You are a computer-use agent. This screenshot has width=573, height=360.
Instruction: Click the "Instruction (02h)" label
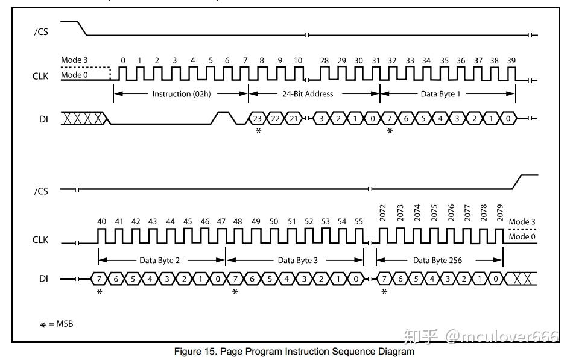(x=182, y=94)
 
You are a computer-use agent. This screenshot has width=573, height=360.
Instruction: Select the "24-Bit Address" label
(x=308, y=94)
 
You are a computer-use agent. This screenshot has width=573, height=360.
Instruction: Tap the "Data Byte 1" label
(x=440, y=94)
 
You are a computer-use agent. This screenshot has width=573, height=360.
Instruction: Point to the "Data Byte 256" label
(x=437, y=261)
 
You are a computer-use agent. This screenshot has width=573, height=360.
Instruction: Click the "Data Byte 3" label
(x=298, y=261)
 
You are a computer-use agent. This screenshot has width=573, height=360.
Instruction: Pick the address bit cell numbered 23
(x=258, y=118)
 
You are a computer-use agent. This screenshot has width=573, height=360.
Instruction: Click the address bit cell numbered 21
(x=294, y=118)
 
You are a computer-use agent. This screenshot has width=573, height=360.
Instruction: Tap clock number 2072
(x=382, y=213)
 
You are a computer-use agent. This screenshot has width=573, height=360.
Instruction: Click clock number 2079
(x=500, y=213)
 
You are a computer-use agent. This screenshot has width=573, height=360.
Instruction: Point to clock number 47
(x=221, y=221)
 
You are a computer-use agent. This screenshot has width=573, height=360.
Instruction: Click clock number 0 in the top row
(x=123, y=61)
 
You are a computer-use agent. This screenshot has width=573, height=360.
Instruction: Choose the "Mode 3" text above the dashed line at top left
(x=74, y=60)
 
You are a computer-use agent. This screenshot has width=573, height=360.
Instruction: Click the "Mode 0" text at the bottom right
(x=522, y=236)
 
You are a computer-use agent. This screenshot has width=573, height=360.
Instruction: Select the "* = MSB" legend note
(x=56, y=324)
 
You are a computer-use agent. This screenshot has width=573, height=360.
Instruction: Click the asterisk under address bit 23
(x=258, y=131)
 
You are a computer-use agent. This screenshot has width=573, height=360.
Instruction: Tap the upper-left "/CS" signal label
(x=41, y=32)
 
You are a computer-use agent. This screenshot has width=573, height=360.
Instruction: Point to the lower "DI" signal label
(x=43, y=279)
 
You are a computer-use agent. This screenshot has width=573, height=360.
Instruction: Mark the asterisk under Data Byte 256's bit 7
(x=384, y=292)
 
